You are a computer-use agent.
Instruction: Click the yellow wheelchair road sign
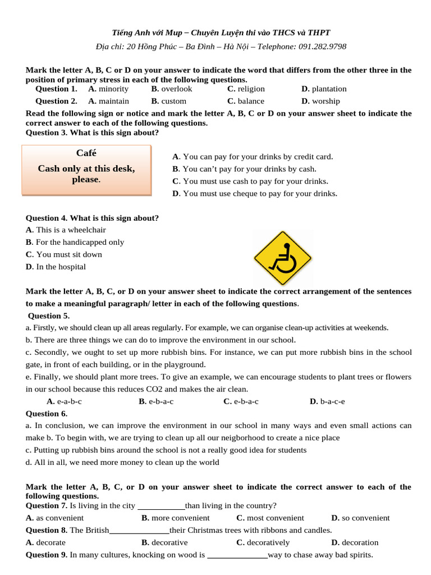[x=283, y=257]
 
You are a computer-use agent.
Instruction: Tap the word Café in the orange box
[x=86, y=153]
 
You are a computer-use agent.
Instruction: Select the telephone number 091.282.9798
[x=321, y=46]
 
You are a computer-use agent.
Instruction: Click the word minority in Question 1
[x=113, y=89]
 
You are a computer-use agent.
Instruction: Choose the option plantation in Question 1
[x=329, y=89]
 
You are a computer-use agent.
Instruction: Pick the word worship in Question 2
[x=325, y=101]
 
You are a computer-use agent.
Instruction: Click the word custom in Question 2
[x=173, y=101]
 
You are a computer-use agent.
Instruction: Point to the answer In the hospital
[x=61, y=267]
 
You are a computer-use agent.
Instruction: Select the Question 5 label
[x=48, y=316]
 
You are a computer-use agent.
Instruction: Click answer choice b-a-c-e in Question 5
[x=332, y=401]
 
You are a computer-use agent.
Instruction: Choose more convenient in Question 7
[x=180, y=518]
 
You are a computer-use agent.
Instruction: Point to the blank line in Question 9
[x=237, y=555]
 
